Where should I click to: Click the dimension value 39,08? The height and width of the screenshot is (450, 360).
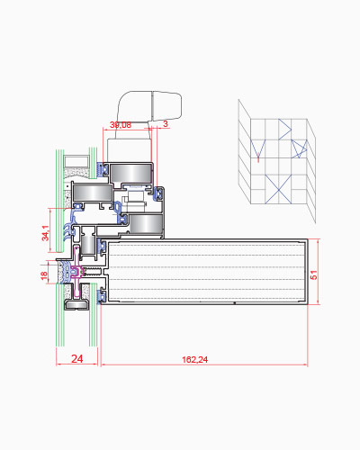point(121,125)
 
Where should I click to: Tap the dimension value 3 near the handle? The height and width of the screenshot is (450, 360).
point(166,123)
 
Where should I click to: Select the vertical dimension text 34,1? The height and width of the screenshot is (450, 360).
point(45,233)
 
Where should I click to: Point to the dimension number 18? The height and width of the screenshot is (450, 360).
point(44,275)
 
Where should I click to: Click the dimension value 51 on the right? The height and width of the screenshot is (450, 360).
point(313,274)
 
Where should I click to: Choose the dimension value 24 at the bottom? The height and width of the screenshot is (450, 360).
point(77,358)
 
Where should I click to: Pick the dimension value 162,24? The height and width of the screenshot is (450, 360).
point(195,359)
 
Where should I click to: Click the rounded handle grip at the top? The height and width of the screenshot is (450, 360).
point(150,105)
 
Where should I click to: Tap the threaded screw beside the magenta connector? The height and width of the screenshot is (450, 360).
point(93,272)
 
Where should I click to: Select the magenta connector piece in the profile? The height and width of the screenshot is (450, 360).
point(77,272)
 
